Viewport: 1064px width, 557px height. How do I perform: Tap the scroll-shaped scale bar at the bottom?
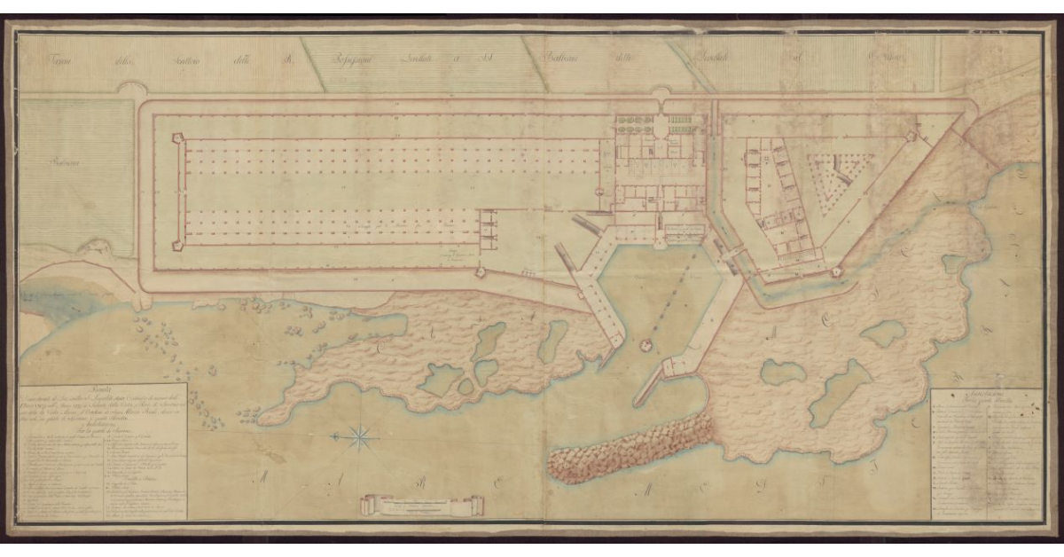423,506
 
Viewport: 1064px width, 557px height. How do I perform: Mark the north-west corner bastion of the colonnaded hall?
178,139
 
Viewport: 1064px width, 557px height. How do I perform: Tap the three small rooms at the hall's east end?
487,227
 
